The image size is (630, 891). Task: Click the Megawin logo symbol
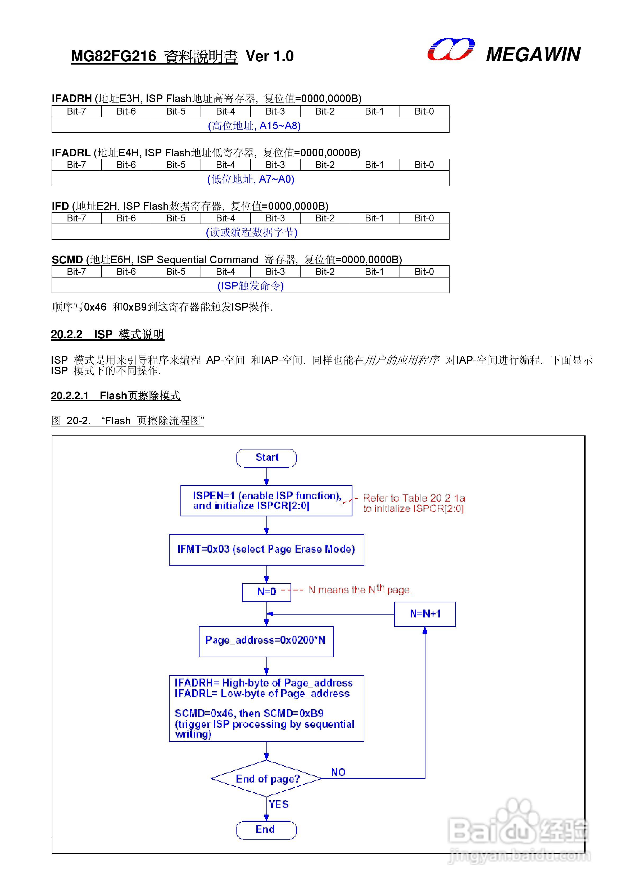(x=450, y=50)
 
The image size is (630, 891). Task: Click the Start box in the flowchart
(x=266, y=458)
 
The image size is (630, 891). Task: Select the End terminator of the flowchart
(x=266, y=830)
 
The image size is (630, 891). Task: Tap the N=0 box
(x=266, y=592)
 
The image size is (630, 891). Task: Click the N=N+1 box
(x=425, y=614)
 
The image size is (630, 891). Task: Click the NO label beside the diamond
(x=338, y=772)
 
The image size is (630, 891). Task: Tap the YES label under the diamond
(x=278, y=804)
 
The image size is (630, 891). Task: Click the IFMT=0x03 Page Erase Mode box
(x=266, y=549)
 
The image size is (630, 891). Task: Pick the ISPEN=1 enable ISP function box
(x=266, y=501)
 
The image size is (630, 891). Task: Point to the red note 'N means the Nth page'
(x=360, y=590)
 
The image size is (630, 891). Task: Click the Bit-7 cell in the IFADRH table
(x=76, y=111)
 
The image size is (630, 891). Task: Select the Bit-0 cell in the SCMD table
(x=424, y=272)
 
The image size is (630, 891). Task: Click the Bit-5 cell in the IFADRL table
(x=176, y=165)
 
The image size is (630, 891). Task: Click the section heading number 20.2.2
(x=67, y=334)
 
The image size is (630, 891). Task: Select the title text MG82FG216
(x=113, y=56)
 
